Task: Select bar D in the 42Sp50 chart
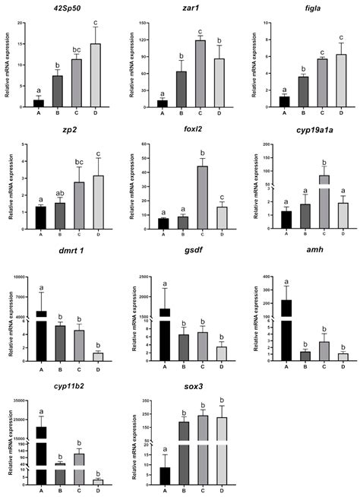[x=95, y=75]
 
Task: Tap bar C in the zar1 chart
[x=201, y=73]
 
